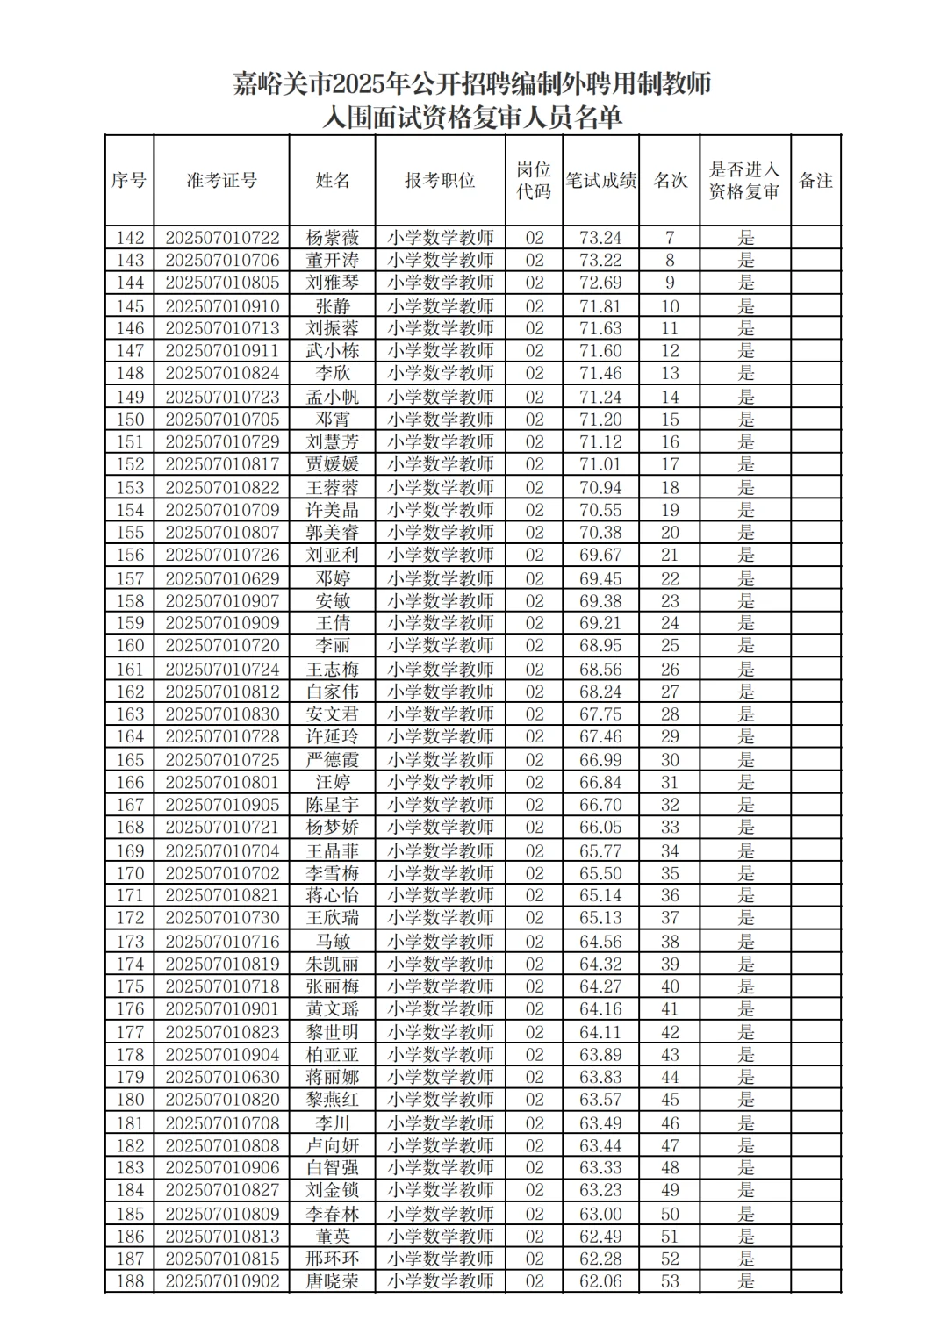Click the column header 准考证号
pyautogui.click(x=221, y=181)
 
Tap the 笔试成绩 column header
pyautogui.click(x=600, y=181)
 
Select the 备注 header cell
pyautogui.click(x=815, y=181)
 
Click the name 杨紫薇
pyautogui.click(x=333, y=238)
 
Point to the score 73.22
pyautogui.click(x=600, y=261)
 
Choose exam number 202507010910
pyautogui.click(x=222, y=306)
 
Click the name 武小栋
pyautogui.click(x=333, y=351)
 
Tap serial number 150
pyautogui.click(x=130, y=420)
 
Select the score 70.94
pyautogui.click(x=600, y=488)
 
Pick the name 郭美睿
pyautogui.click(x=333, y=533)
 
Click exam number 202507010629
pyautogui.click(x=222, y=578)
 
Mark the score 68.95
pyautogui.click(x=600, y=646)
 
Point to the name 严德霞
pyautogui.click(x=333, y=760)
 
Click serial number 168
pyautogui.click(x=130, y=828)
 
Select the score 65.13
pyautogui.click(x=600, y=918)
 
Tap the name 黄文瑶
pyautogui.click(x=333, y=1009)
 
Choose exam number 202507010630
pyautogui.click(x=222, y=1077)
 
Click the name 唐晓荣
pyautogui.click(x=333, y=1281)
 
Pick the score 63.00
pyautogui.click(x=600, y=1214)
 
